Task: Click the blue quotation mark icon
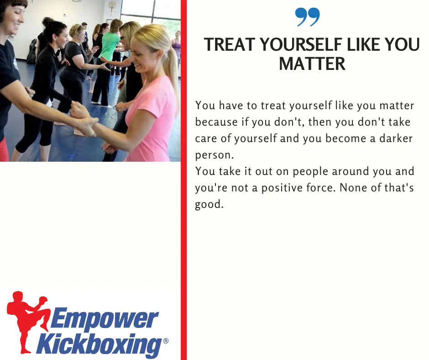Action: pyautogui.click(x=307, y=17)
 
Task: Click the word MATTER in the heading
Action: pyautogui.click(x=312, y=64)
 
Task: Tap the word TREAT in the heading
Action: pyautogui.click(x=230, y=44)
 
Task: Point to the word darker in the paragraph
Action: pyautogui.click(x=396, y=138)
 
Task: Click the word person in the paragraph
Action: pyautogui.click(x=214, y=155)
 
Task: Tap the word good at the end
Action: pyautogui.click(x=209, y=204)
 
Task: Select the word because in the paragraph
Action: pyautogui.click(x=216, y=122)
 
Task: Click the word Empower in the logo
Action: pyautogui.click(x=104, y=318)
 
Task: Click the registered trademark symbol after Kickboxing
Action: pyautogui.click(x=166, y=341)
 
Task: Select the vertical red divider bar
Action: pyautogui.click(x=183, y=180)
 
